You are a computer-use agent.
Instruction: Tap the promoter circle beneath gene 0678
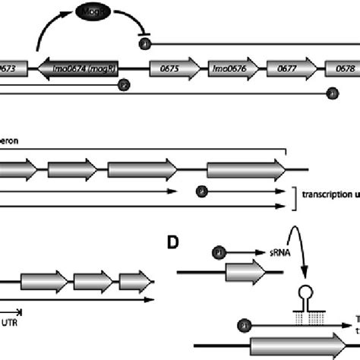[x=331, y=93]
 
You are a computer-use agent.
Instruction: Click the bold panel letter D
[x=174, y=242]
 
